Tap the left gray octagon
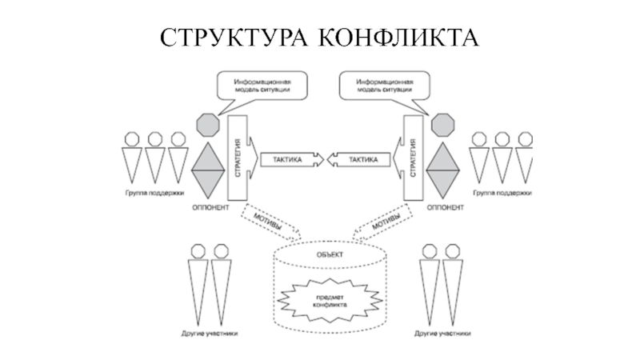pos(207,126)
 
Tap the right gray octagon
pos(441,126)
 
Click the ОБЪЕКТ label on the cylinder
pos(326,254)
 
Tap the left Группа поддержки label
pos(154,194)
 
